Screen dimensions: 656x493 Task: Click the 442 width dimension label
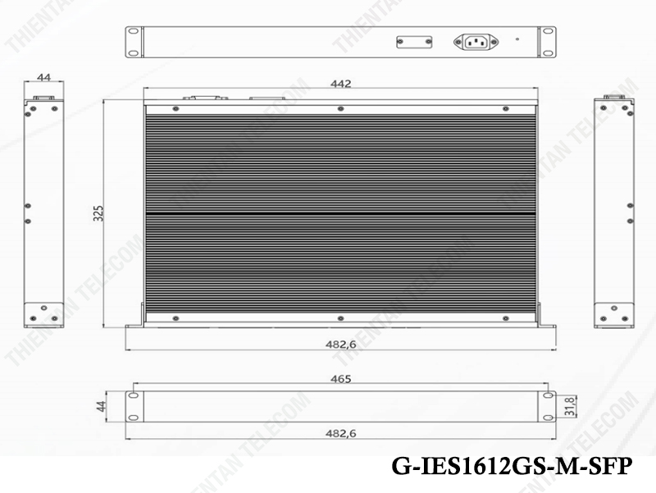click(340, 84)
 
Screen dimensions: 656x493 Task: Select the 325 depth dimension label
click(98, 213)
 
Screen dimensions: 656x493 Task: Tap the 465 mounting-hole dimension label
click(340, 379)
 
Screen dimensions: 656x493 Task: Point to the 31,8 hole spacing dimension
click(570, 406)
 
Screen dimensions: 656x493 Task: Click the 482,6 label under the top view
click(340, 344)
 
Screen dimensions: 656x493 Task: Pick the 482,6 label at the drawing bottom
click(340, 433)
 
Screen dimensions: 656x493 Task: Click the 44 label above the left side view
click(44, 77)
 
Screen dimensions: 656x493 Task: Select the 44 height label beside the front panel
click(101, 406)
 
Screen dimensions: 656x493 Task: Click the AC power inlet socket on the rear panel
click(476, 42)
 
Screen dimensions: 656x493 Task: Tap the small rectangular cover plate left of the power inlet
click(414, 42)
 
